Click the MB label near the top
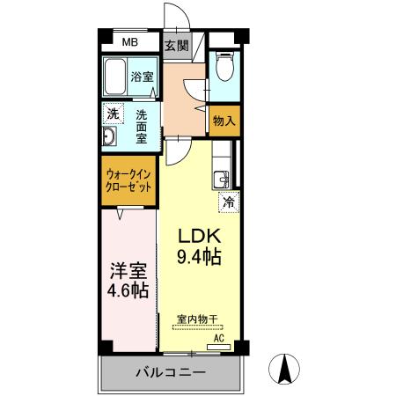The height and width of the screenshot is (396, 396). [129, 42]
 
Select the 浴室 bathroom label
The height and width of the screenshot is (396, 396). [143, 76]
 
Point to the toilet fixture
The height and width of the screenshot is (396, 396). [225, 70]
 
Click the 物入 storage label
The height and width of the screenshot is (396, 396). [224, 121]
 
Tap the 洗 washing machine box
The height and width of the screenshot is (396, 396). [113, 114]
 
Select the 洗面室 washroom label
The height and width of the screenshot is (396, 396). [141, 128]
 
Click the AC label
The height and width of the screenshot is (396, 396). [220, 337]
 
